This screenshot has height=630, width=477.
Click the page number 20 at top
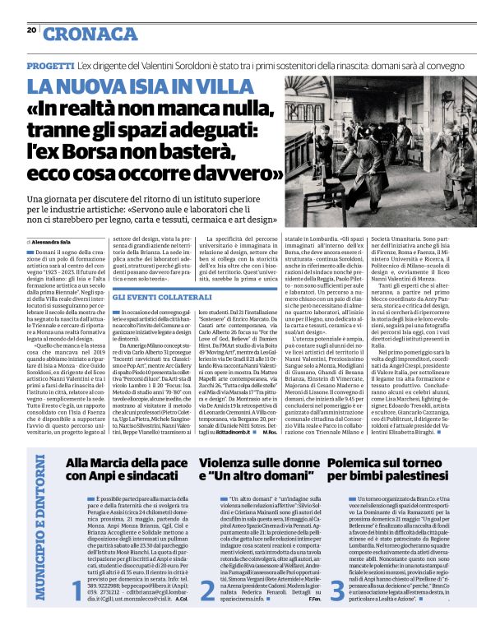[x=31, y=29]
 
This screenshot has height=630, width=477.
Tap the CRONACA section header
[x=90, y=33]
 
